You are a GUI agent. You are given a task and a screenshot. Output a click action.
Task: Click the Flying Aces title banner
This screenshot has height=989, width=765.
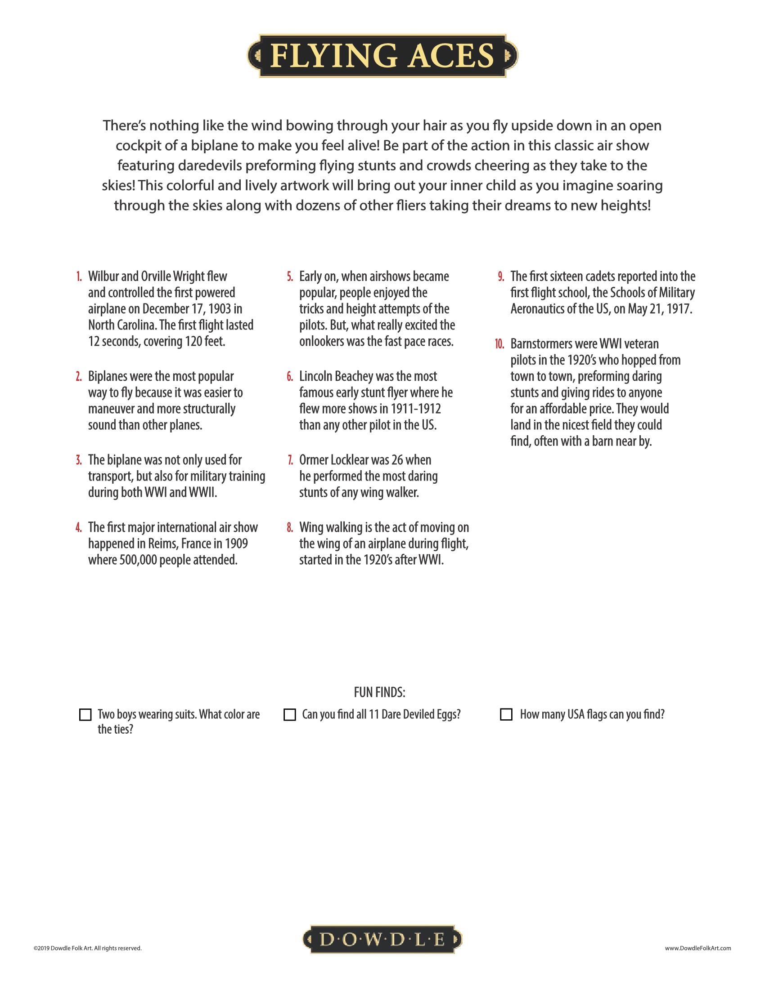[382, 56]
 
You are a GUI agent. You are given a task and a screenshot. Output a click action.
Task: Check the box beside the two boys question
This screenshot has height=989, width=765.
[85, 715]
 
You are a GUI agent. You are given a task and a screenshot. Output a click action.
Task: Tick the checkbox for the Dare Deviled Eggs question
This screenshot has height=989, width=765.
[289, 715]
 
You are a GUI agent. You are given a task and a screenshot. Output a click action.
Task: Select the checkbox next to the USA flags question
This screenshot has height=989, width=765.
[506, 715]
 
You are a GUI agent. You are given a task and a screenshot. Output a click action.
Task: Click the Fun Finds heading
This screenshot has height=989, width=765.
[379, 693]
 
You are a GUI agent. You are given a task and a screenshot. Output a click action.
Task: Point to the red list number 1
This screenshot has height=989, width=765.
[79, 276]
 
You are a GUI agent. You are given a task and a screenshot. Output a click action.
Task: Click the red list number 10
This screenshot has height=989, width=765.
[499, 344]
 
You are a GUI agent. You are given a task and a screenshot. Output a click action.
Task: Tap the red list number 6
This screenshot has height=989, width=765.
[290, 377]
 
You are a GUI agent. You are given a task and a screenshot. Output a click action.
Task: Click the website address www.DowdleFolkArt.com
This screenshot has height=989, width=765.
[698, 948]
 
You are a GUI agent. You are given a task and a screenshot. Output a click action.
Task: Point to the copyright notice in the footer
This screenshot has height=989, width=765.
[87, 948]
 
